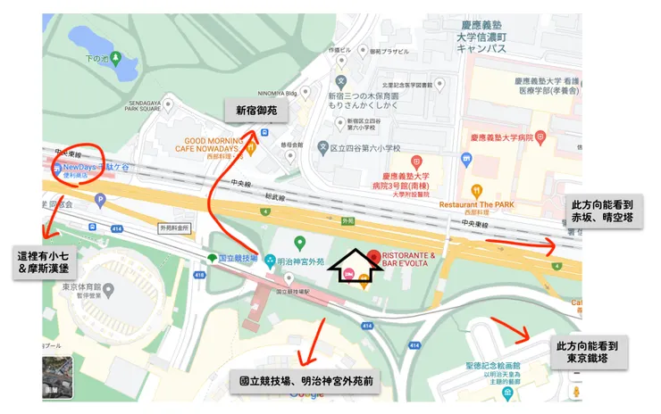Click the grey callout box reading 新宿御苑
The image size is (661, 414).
255,110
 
